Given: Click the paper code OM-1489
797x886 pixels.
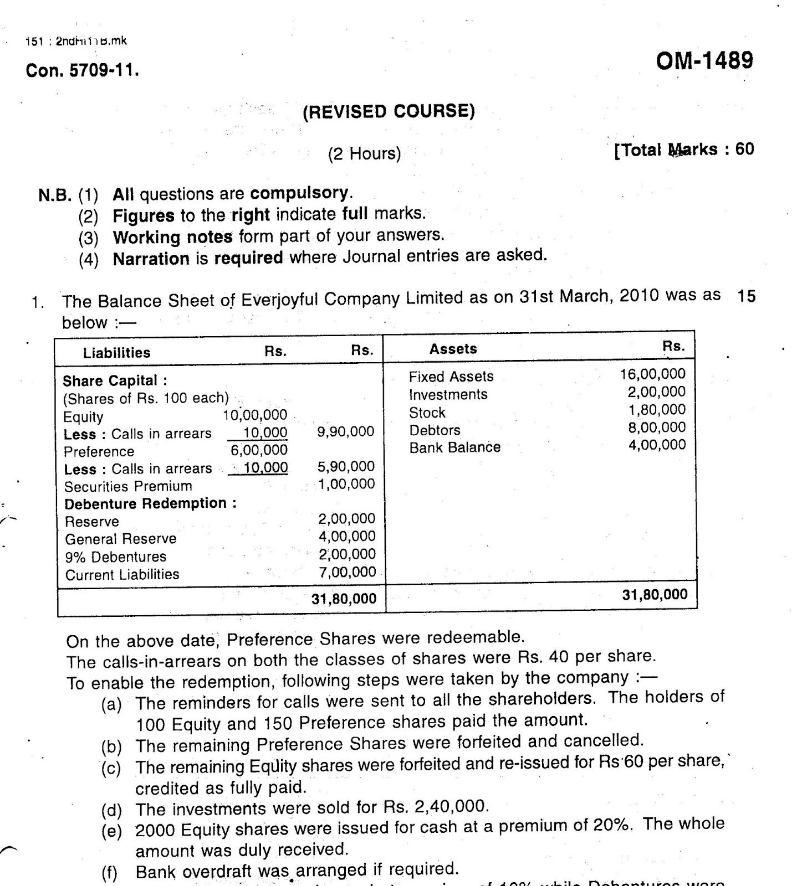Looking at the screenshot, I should click(x=704, y=61).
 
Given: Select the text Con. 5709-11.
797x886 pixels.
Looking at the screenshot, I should click(x=82, y=71).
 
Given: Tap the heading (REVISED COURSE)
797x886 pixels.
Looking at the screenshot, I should click(x=389, y=112).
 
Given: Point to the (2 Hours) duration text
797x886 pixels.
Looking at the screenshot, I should click(x=364, y=153).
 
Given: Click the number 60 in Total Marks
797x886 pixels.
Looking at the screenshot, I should click(x=744, y=149).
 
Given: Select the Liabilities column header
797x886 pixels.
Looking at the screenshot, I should click(x=116, y=353).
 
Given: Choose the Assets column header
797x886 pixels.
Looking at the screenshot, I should click(x=453, y=349).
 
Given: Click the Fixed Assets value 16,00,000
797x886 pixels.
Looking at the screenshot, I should click(x=652, y=374).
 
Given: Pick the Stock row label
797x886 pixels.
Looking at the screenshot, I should click(x=427, y=413).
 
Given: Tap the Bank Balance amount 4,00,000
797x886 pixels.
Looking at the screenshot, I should click(x=657, y=445).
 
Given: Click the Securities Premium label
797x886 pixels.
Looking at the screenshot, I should click(x=128, y=486).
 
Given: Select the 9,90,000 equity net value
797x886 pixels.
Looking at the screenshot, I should click(x=345, y=431).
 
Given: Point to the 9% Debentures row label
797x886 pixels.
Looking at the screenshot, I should click(x=115, y=557).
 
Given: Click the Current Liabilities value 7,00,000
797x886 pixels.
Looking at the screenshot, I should click(x=347, y=572).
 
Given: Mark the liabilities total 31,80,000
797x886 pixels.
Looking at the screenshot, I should click(x=344, y=599).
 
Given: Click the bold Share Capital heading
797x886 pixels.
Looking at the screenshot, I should click(x=115, y=381).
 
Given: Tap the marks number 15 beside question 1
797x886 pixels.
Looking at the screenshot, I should click(x=746, y=296).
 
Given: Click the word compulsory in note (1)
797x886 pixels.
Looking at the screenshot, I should click(x=299, y=193).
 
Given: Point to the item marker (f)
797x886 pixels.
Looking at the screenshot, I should click(x=110, y=874).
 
